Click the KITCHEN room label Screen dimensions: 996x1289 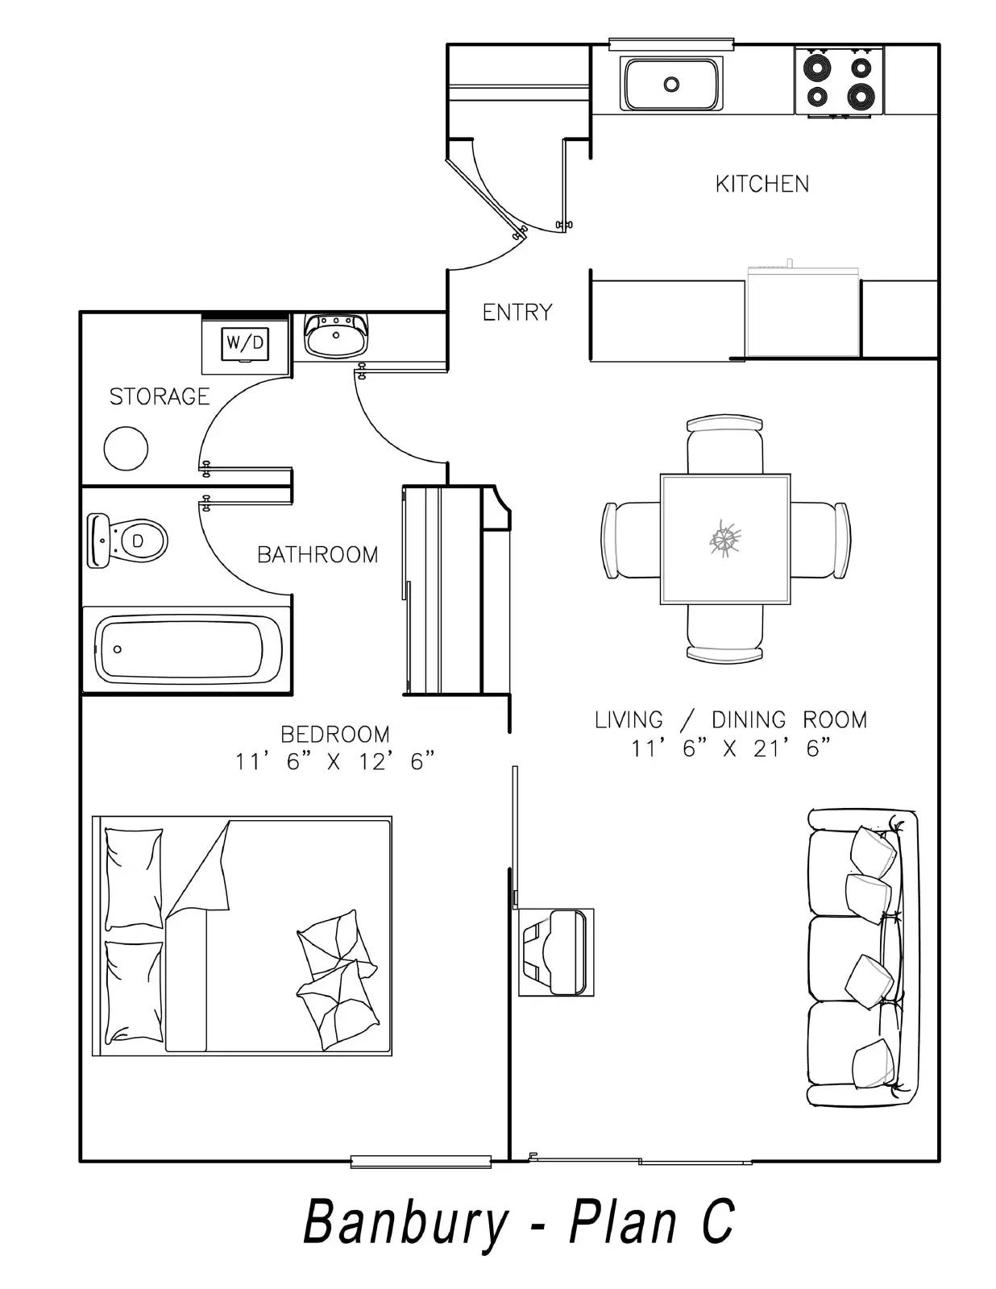pos(762,184)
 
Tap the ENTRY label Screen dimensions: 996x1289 pos(517,312)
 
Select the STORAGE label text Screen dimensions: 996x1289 pos(160,396)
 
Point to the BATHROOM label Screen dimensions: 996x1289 pos(317,554)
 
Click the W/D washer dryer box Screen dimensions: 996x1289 pos(245,343)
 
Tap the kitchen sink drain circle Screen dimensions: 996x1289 pos(671,85)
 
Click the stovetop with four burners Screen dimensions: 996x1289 pos(839,81)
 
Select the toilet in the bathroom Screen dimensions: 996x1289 pos(127,541)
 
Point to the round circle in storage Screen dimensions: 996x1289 pos(126,449)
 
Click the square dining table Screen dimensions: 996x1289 pos(725,539)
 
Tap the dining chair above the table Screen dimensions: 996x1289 pos(725,445)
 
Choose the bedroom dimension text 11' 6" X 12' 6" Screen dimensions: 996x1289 pos(335,761)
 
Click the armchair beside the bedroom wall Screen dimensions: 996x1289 pos(556,952)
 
